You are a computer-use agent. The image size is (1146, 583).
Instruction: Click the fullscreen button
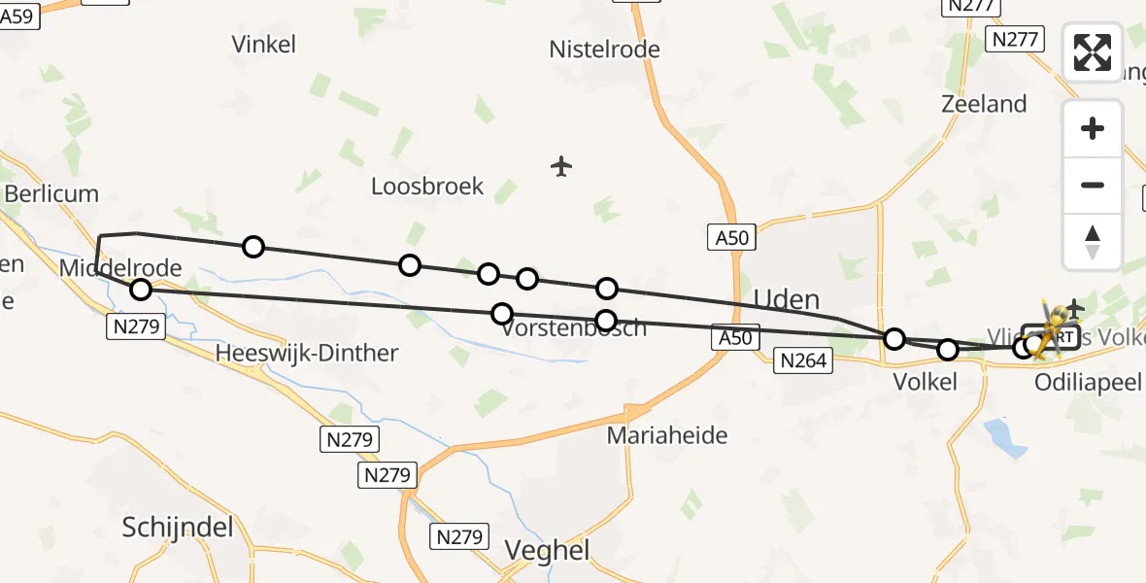pos(1093,52)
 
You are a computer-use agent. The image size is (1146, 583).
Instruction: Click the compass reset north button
pos(1093,241)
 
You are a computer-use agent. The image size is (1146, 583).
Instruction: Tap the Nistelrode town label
pos(604,49)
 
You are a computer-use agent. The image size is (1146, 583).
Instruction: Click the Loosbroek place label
pos(427,187)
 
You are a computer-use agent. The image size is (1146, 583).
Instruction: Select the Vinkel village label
pos(264,44)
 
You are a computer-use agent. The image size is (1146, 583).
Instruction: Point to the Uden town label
pos(787,298)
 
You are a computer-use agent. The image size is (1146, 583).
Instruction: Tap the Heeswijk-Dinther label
pos(308,353)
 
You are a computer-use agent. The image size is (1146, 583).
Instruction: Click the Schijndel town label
pos(179,527)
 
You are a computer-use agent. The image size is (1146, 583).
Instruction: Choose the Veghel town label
pos(548,551)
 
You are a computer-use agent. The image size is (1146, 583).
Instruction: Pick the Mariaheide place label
pos(667,435)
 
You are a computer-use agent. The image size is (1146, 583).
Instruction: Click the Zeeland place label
pos(984,104)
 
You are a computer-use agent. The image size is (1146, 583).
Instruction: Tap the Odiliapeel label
pos(1088,382)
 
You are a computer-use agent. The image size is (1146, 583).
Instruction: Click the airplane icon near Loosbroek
pos(560,166)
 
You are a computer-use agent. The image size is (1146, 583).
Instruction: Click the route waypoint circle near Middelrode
pos(141,289)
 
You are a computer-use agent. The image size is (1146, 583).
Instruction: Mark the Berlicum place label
pos(51,193)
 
